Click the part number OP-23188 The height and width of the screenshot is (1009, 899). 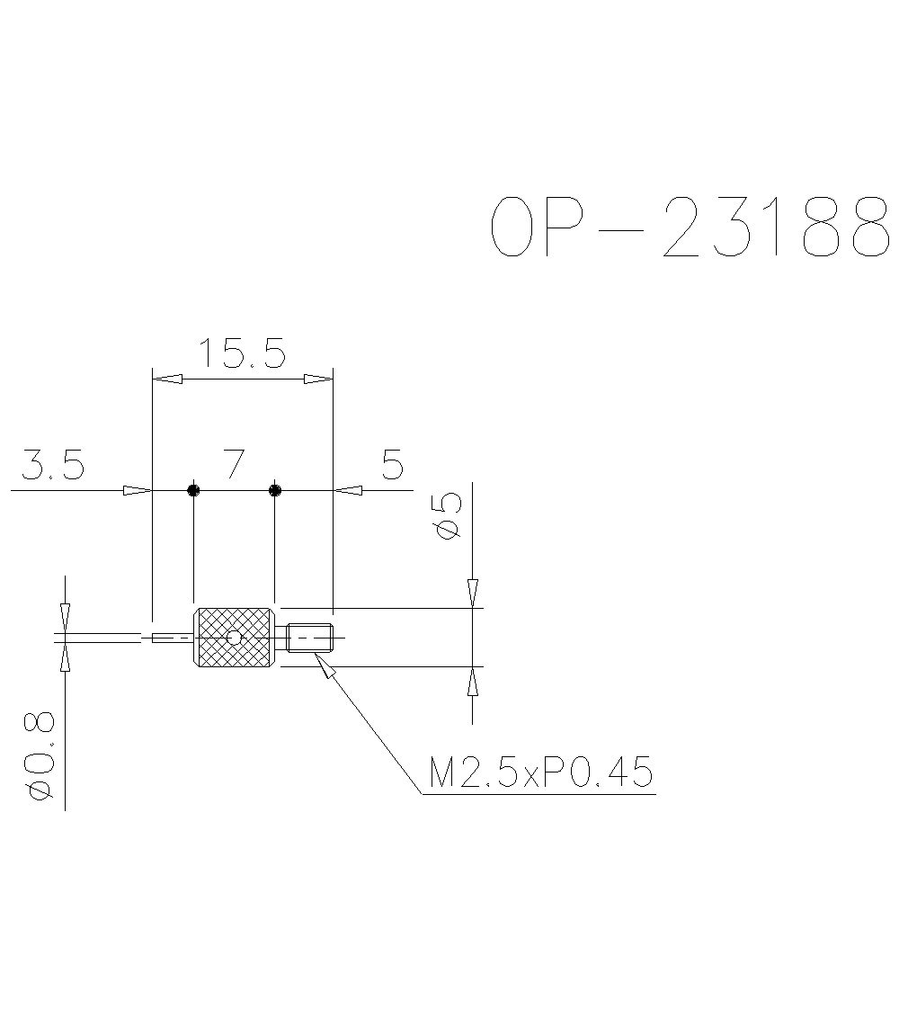pos(692,228)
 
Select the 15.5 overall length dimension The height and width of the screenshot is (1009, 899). pos(242,353)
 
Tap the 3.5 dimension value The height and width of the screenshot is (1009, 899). pos(53,466)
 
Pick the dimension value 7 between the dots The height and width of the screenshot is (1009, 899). pos(234,464)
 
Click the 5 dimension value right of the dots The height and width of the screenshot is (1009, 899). pos(393,465)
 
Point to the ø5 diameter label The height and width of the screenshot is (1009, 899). pos(447,516)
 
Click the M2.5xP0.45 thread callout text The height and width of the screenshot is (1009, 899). pos(539,772)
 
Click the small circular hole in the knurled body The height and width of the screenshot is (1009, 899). pos(235,638)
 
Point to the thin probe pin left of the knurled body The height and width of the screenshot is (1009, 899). pos(171,638)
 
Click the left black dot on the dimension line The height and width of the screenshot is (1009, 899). pos(193,490)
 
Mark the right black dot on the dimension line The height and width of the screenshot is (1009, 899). pos(275,490)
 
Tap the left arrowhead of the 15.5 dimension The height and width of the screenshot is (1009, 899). pos(167,379)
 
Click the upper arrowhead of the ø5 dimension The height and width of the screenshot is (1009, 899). pos(473,593)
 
